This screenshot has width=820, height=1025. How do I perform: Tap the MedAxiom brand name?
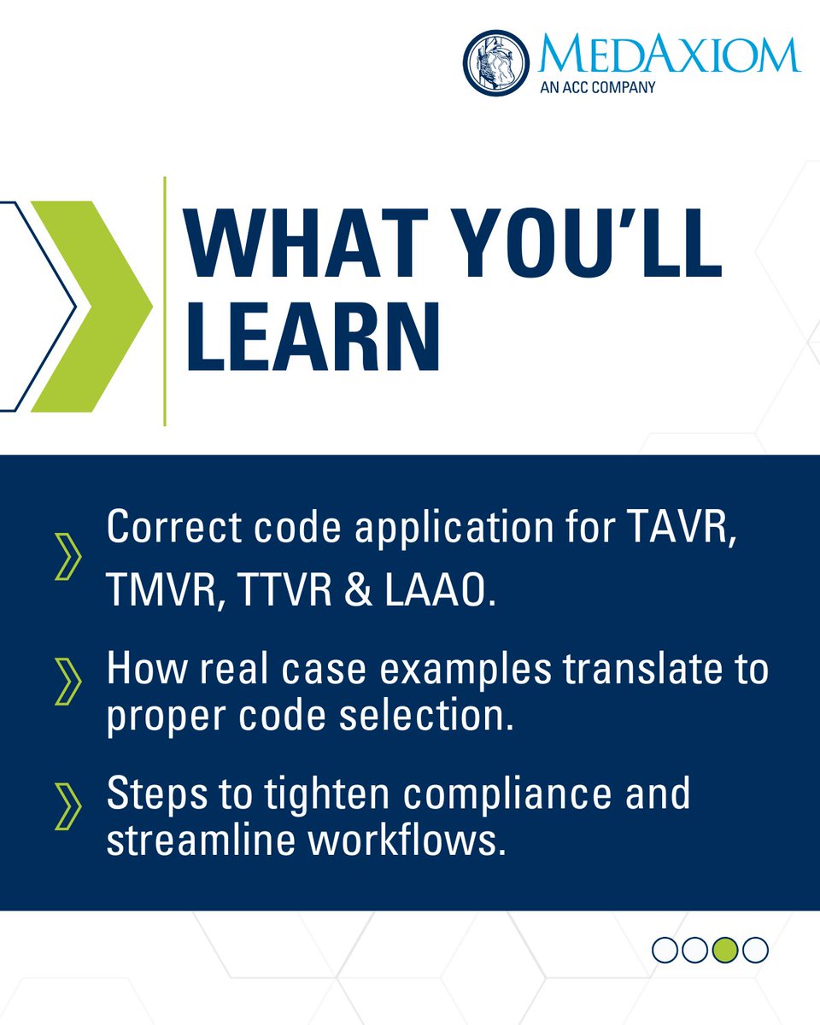click(x=670, y=53)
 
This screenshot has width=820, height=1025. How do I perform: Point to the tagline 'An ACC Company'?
click(x=597, y=86)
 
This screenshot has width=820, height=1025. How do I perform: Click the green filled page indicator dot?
click(x=725, y=949)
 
